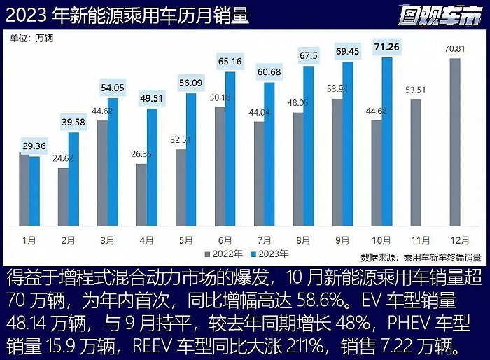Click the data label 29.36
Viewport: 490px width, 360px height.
tap(34, 146)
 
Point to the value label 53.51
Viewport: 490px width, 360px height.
tap(416, 90)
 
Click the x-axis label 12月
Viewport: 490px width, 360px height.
tap(456, 239)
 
